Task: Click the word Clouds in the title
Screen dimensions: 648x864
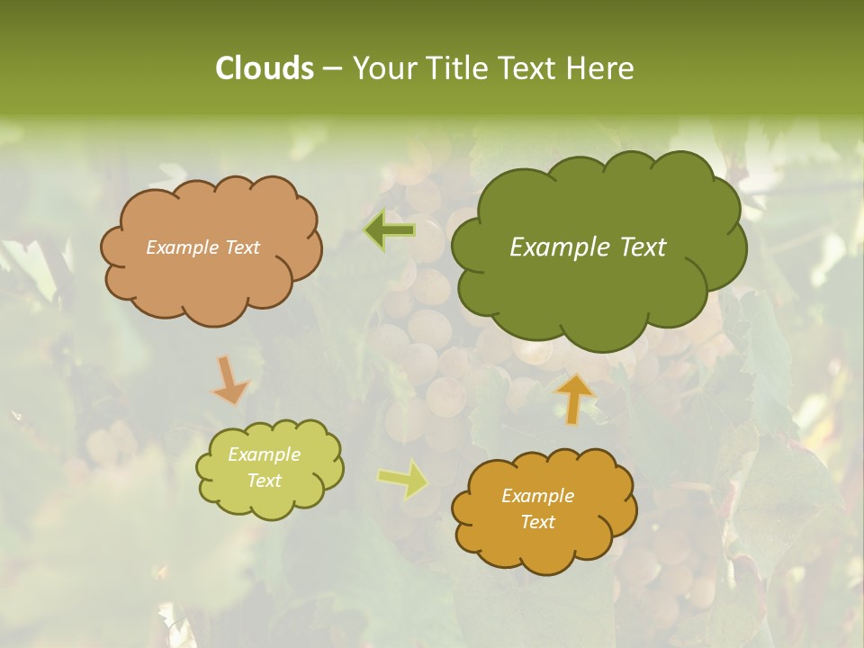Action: pos(264,68)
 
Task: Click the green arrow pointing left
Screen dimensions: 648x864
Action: pos(391,230)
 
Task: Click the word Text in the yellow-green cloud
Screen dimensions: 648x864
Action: pos(264,481)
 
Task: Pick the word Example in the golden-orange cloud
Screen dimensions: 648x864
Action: pos(537,496)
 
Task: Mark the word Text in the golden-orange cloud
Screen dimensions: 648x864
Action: pos(537,522)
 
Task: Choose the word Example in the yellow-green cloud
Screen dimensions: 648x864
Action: pos(264,454)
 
